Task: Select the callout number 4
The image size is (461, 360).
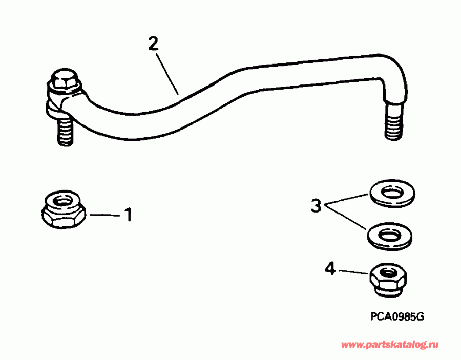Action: tap(331, 268)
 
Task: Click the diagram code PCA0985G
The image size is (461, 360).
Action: tap(397, 316)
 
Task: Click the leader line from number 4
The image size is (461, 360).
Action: tap(353, 272)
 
